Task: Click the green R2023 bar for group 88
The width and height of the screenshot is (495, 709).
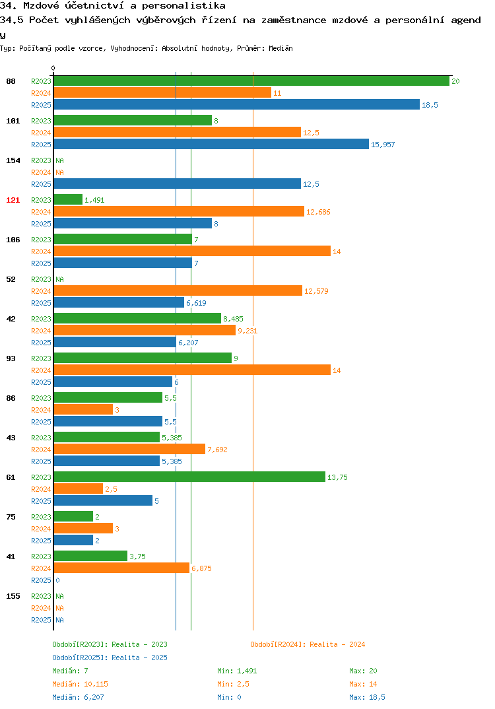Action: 252,81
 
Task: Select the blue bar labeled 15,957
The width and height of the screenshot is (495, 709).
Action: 212,144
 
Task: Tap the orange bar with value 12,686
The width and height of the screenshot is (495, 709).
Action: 179,212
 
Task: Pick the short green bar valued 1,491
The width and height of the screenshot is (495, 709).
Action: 68,200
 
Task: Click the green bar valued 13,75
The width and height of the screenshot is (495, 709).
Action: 190,477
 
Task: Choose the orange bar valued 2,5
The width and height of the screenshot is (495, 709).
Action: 79,489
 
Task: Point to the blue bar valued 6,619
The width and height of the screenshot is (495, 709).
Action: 119,303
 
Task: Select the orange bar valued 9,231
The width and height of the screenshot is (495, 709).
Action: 145,331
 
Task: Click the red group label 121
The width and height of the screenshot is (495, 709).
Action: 13,200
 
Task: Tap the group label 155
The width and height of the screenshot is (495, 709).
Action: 13,596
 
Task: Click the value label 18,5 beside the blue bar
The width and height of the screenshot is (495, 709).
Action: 430,105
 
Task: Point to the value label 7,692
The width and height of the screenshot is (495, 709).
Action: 217,450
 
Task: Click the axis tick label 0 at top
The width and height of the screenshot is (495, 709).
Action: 53,68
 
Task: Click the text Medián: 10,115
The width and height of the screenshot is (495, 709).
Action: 80,684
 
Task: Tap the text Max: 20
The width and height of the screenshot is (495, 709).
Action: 363,671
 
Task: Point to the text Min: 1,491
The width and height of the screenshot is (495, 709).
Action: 237,671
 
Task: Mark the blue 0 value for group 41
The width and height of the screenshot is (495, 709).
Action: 57,580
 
